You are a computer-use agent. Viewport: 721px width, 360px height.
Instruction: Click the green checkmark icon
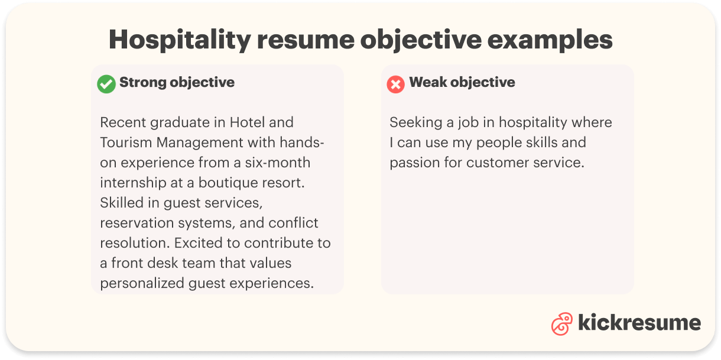(106, 84)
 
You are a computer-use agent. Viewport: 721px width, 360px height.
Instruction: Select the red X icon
(395, 84)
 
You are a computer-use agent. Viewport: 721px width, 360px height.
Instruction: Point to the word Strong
(143, 82)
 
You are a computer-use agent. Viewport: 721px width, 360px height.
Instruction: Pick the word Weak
(427, 82)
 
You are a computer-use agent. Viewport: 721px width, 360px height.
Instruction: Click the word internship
(134, 183)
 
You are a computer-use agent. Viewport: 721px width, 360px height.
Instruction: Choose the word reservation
(137, 223)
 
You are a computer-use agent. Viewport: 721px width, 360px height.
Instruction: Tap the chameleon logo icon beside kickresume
(561, 323)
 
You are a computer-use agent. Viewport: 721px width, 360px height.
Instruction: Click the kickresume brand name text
(639, 323)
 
